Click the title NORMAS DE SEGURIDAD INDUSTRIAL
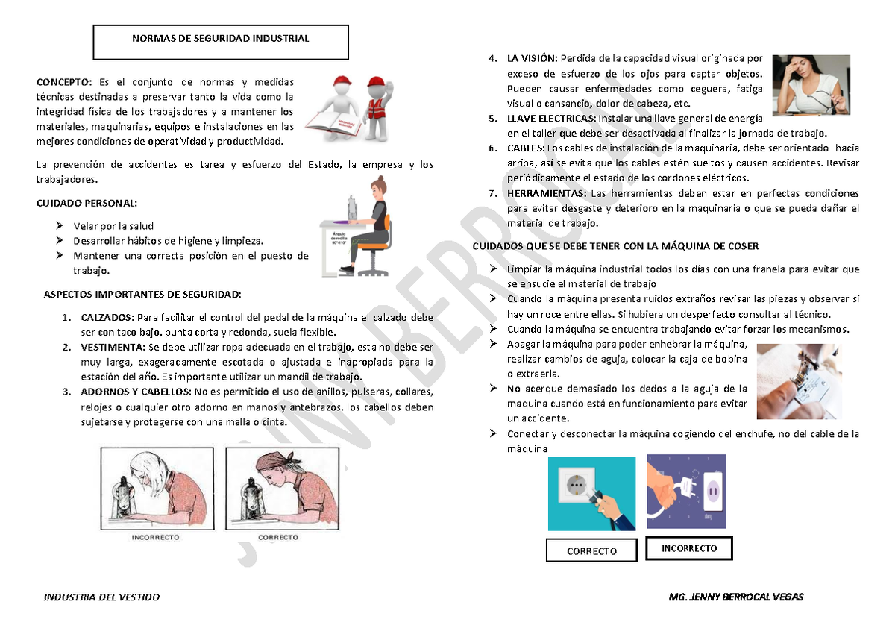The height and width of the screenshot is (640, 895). tap(220, 39)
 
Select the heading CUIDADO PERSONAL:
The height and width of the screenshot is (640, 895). tap(87, 203)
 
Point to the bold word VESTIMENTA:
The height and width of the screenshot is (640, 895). tap(113, 348)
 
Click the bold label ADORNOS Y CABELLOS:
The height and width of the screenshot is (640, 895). tap(135, 392)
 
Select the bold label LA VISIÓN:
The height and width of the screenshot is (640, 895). tap(532, 59)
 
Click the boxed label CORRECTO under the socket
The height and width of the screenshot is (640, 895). tap(591, 551)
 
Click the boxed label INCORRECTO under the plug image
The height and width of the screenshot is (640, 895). tap(688, 548)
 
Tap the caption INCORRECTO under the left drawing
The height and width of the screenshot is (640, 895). tap(155, 537)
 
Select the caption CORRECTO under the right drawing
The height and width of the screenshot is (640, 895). tap(277, 537)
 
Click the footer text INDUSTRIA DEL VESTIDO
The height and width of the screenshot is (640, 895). tap(102, 597)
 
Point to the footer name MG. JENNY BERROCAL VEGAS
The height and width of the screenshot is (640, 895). tap(736, 597)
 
